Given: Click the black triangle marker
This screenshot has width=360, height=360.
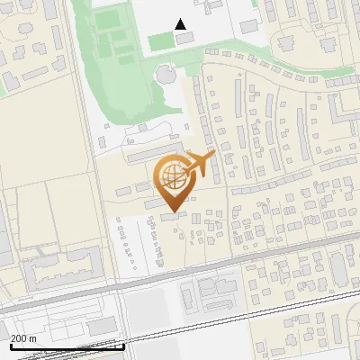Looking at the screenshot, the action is point(181,24).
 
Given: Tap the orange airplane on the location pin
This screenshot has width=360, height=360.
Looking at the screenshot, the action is point(200,164).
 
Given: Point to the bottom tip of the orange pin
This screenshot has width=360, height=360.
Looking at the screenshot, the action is point(173,210).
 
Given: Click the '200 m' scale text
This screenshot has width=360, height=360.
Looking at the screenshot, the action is point(23,338).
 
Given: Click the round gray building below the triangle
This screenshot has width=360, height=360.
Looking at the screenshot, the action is point(166,73).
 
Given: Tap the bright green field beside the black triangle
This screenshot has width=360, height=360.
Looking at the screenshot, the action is point(159,41).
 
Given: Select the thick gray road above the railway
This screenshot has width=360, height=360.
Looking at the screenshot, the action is point(225,262).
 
